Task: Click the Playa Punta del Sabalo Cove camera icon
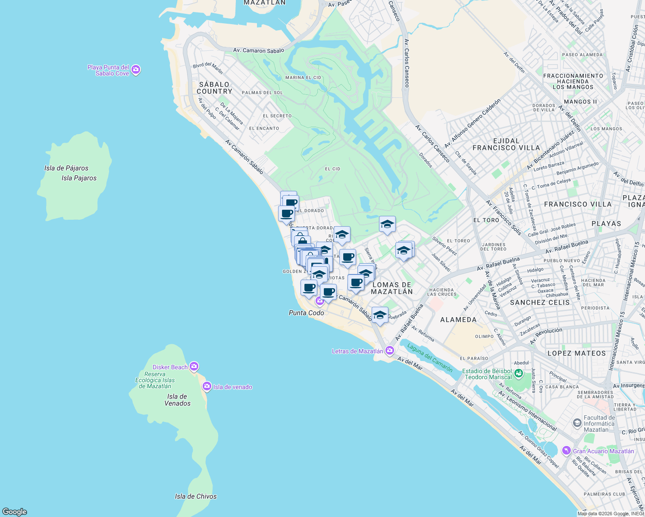(x=136, y=70)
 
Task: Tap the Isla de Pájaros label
(x=66, y=168)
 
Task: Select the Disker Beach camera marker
(x=194, y=367)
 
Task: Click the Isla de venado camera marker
(x=207, y=386)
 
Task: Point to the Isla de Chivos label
(x=196, y=496)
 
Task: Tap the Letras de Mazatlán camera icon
(x=390, y=350)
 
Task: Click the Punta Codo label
(x=306, y=313)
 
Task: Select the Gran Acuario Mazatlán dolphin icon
(x=566, y=451)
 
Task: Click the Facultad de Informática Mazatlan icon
(x=577, y=423)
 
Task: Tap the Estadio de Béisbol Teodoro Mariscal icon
(x=519, y=374)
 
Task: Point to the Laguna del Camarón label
(x=430, y=358)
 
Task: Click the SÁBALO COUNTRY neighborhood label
(x=214, y=88)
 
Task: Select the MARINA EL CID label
(x=303, y=78)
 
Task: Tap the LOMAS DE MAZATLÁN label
(x=392, y=288)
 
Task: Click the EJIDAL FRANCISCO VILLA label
(x=506, y=144)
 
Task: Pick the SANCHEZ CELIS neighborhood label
(x=540, y=302)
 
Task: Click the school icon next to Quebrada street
(x=380, y=315)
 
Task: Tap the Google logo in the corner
(x=15, y=512)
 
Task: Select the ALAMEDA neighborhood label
(x=458, y=320)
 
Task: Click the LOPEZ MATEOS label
(x=576, y=353)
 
